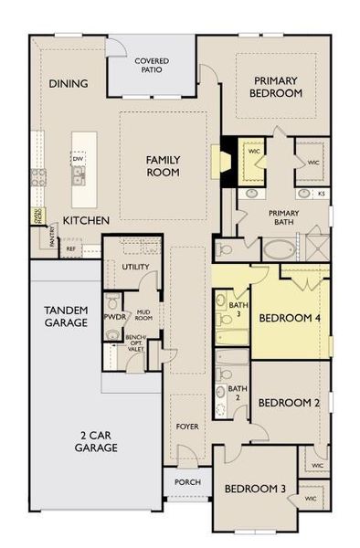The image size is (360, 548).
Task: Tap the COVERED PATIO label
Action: click(x=151, y=68)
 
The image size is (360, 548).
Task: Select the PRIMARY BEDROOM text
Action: click(x=278, y=87)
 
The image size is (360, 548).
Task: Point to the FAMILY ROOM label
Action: click(x=164, y=165)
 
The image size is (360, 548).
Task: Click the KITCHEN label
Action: click(x=87, y=221)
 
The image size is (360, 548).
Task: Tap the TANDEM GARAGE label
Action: click(x=66, y=317)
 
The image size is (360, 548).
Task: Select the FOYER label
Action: click(x=187, y=426)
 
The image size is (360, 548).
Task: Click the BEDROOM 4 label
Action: click(x=289, y=319)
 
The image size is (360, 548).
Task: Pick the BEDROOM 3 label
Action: click(x=255, y=489)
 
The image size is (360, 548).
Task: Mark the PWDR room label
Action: click(x=115, y=317)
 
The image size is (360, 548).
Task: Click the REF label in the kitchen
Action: click(x=70, y=248)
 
